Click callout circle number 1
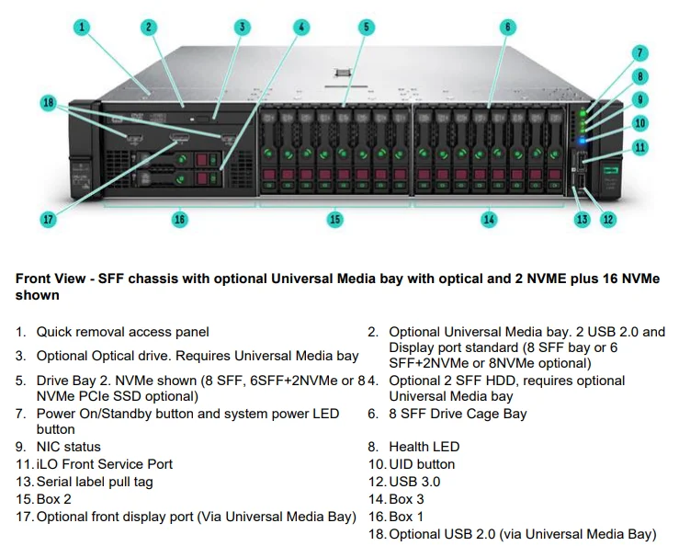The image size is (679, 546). [x=82, y=27]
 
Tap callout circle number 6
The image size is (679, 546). [x=508, y=27]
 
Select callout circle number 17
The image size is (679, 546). [x=49, y=219]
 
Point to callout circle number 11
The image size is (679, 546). [x=640, y=146]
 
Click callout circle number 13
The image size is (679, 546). [x=582, y=219]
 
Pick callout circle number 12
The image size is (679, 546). [x=607, y=219]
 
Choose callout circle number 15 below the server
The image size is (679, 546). [x=335, y=219]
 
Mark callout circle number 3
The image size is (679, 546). [x=243, y=27]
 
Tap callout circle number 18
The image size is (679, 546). [x=49, y=102]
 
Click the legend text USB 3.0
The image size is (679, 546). [x=414, y=482]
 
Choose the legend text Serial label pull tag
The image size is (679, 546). [x=95, y=482]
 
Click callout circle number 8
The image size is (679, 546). [x=640, y=76]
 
